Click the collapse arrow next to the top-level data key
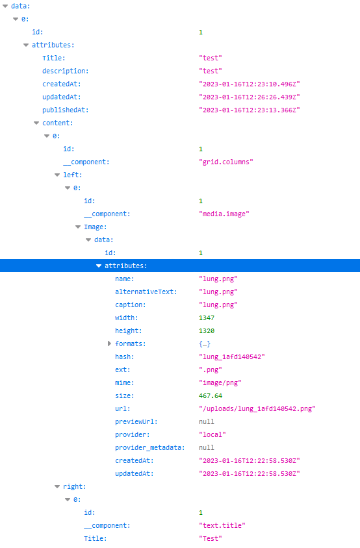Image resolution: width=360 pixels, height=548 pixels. click(5, 6)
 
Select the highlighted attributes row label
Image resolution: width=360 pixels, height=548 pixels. click(125, 266)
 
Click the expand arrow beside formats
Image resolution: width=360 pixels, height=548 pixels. click(109, 344)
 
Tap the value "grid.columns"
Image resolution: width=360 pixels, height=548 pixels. click(226, 162)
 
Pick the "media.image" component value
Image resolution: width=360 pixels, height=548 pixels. click(224, 214)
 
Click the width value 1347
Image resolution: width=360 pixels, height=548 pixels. click(207, 318)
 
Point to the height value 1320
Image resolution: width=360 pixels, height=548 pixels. click(207, 331)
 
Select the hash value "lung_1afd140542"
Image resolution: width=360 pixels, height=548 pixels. click(231, 357)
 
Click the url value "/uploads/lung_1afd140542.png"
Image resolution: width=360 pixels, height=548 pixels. click(257, 409)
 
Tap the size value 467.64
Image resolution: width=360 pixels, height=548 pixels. click(211, 396)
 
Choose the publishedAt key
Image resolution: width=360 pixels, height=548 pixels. click(66, 110)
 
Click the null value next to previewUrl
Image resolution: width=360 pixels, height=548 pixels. click(207, 422)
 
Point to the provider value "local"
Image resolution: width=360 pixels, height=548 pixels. click(212, 435)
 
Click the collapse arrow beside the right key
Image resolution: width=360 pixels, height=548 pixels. click(57, 487)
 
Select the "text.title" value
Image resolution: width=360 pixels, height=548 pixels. click(222, 526)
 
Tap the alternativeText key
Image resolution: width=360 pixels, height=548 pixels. click(146, 292)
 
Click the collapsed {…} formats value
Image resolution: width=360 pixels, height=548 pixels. click(205, 344)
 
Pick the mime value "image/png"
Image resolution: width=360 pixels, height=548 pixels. click(220, 383)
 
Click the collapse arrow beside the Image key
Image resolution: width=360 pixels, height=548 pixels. click(78, 227)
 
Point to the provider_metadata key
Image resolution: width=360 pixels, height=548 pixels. click(149, 448)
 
